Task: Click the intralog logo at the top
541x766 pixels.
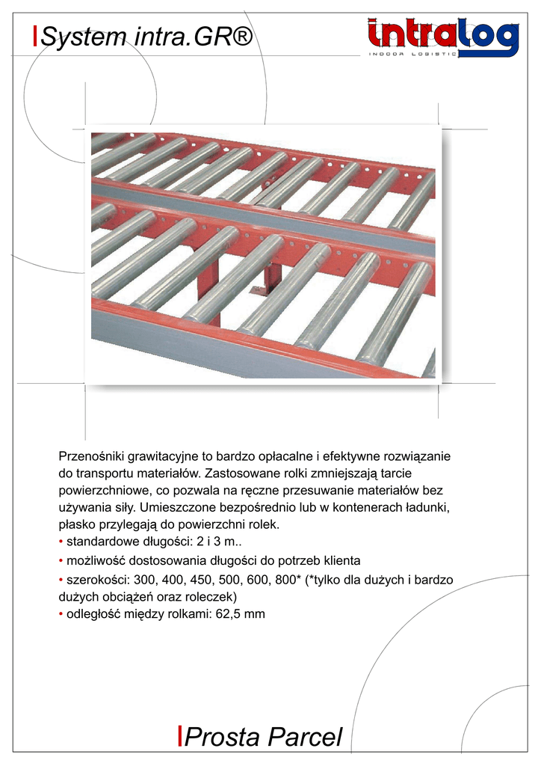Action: coord(442,37)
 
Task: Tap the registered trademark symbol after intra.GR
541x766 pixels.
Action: coord(239,35)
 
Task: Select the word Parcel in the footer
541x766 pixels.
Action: coord(303,738)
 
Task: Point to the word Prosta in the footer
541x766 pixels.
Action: coord(220,738)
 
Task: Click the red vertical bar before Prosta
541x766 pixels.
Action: coord(180,736)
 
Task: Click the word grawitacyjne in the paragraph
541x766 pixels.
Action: coord(164,456)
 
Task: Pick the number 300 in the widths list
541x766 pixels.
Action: coord(144,580)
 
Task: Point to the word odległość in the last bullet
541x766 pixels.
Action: coord(93,614)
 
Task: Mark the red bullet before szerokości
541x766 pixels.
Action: coord(61,580)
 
